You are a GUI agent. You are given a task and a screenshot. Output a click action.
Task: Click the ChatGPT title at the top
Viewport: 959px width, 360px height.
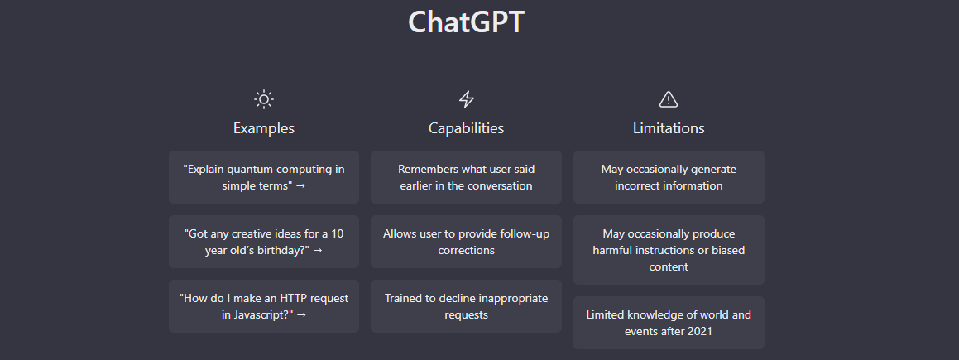(x=466, y=22)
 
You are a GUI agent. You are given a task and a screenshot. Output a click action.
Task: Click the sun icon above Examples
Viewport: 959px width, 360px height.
(x=264, y=99)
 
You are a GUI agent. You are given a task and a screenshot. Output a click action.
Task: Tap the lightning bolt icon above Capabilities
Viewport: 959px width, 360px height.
(x=467, y=99)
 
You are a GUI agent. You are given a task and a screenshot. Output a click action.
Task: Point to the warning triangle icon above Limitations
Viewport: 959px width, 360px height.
(x=669, y=99)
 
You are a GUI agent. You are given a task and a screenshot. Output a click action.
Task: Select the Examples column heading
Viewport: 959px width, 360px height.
(x=264, y=128)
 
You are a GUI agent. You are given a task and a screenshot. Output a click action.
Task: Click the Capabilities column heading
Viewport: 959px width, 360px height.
(x=466, y=128)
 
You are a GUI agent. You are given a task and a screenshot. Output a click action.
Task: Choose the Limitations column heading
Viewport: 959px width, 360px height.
(x=669, y=128)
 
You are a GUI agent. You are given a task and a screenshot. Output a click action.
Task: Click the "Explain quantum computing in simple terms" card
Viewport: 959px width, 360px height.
(x=264, y=177)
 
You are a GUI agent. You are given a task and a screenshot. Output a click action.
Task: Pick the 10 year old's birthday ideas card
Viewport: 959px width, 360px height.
(x=264, y=242)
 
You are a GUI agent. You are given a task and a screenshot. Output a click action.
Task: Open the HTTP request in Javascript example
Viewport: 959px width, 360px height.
(x=264, y=306)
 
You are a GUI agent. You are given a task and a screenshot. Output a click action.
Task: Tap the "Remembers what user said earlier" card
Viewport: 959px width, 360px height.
(x=466, y=177)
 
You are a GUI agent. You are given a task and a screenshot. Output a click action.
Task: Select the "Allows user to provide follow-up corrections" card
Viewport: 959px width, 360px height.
(x=466, y=242)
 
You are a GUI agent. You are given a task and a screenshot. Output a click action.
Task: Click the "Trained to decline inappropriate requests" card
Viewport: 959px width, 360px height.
(x=466, y=306)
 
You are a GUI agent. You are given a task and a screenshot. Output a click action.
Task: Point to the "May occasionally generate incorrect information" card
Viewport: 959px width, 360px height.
(x=669, y=177)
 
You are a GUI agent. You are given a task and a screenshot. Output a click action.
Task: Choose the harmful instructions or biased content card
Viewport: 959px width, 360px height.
(x=669, y=250)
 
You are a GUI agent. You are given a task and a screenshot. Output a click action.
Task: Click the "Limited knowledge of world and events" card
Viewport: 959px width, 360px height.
(x=669, y=323)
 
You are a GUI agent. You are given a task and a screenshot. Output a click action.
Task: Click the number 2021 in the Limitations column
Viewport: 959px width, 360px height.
(x=699, y=331)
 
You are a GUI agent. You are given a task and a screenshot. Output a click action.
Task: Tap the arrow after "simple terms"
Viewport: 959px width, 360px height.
(x=300, y=186)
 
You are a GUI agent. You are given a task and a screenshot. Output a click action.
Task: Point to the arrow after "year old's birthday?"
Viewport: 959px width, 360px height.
(x=318, y=251)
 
